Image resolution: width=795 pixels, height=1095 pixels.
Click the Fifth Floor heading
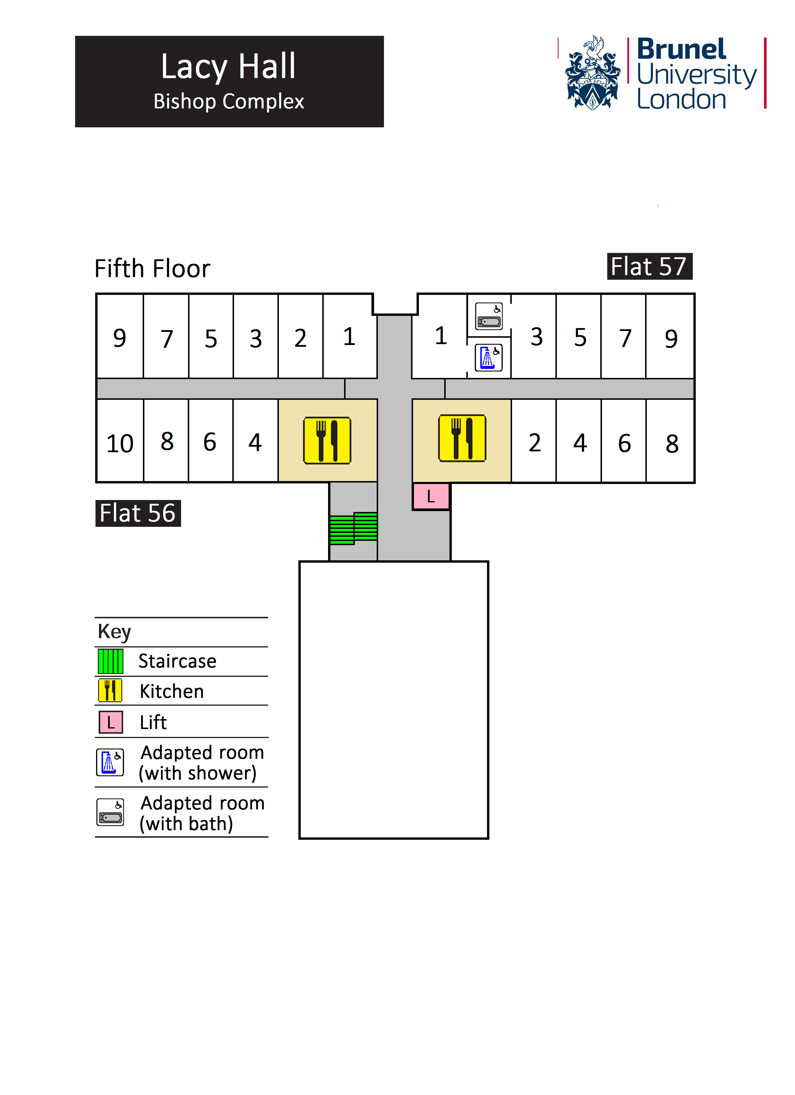[153, 268]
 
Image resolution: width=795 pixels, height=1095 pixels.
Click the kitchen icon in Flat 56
[327, 440]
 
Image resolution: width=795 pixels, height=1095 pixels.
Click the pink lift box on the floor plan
[431, 496]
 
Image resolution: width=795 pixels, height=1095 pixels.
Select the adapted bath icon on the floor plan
[489, 316]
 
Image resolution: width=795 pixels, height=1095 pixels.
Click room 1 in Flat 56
[349, 337]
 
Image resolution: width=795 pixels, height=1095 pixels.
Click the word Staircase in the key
[177, 661]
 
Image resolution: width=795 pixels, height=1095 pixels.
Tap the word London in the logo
[681, 99]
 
